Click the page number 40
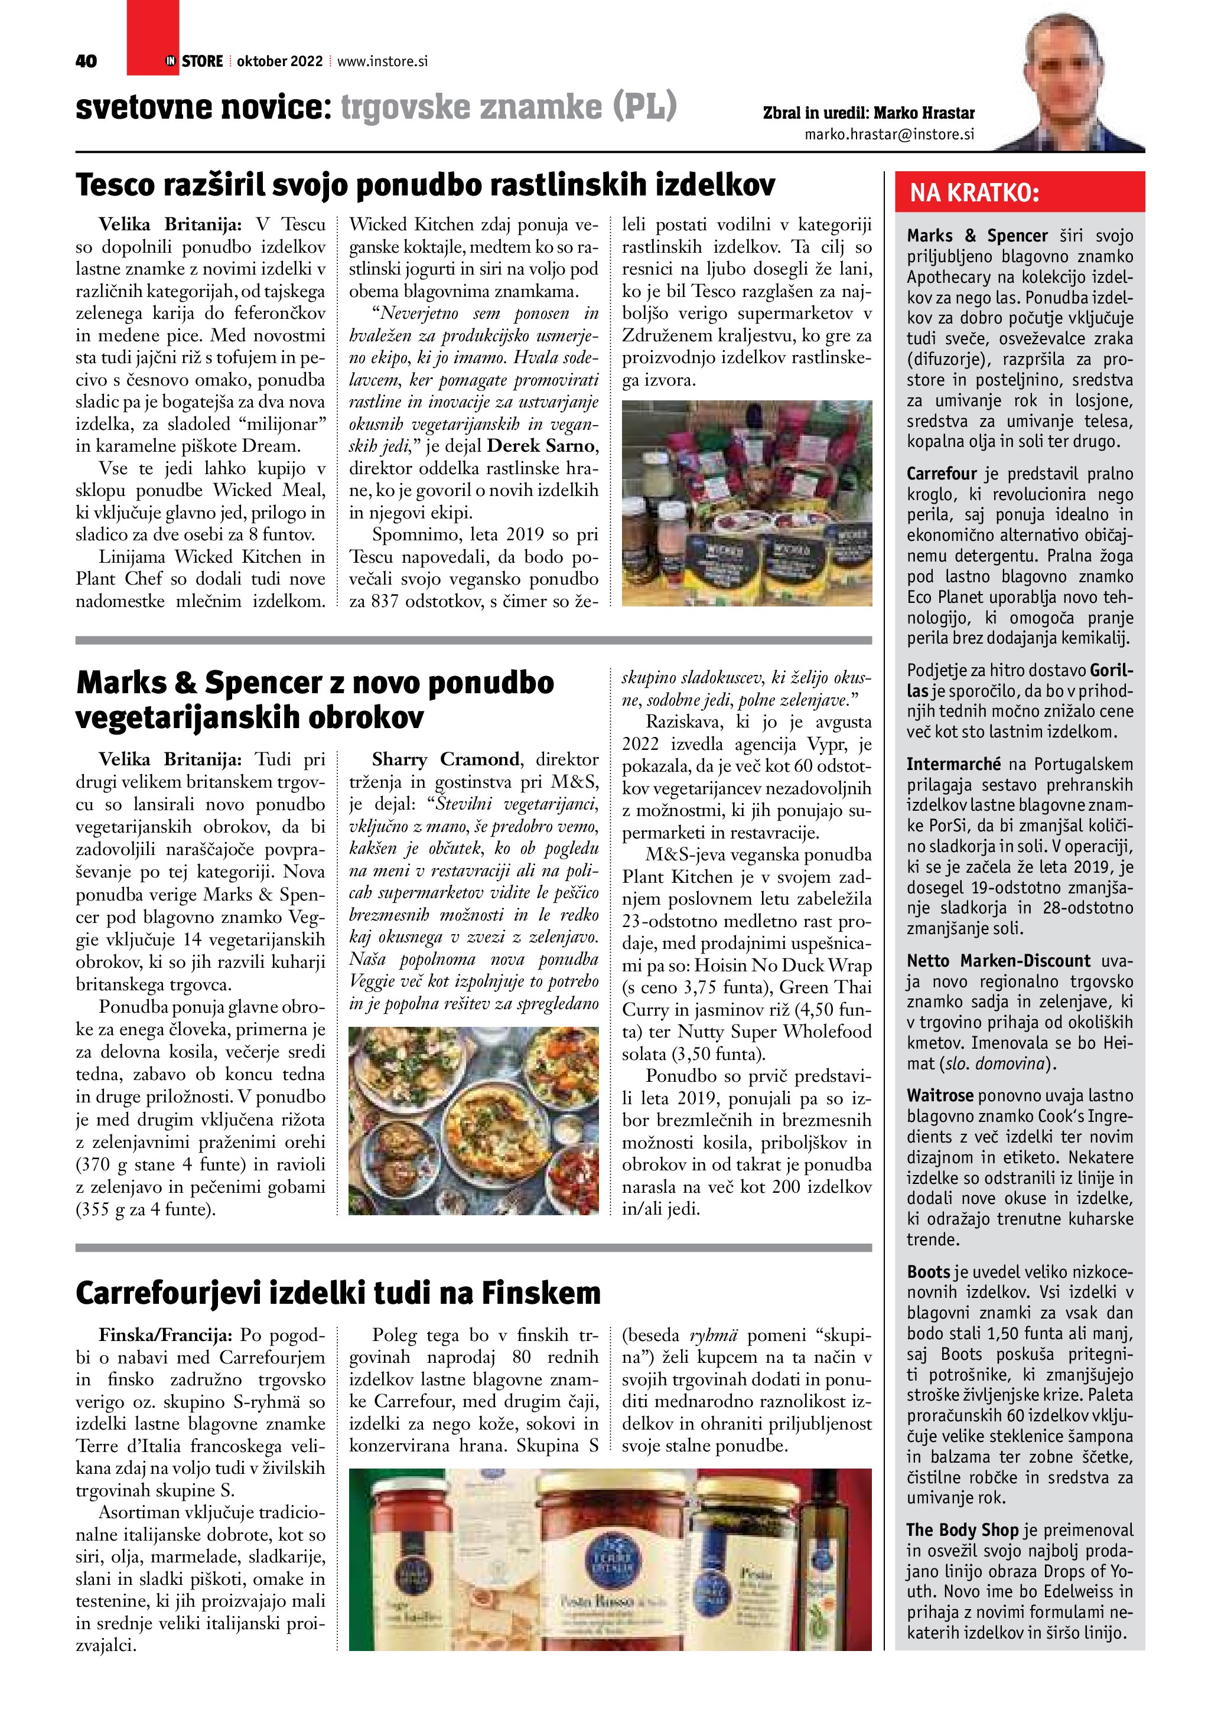(86, 61)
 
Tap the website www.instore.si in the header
(383, 61)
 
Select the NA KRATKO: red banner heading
(975, 193)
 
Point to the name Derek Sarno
(541, 446)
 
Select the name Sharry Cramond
(445, 759)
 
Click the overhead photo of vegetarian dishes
(474, 1120)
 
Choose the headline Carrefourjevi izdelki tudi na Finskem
(338, 1293)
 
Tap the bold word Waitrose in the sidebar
(940, 1095)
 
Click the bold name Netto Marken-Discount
(998, 961)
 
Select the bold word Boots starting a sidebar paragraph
(929, 1272)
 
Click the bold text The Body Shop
(962, 1530)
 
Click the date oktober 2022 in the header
(279, 61)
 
